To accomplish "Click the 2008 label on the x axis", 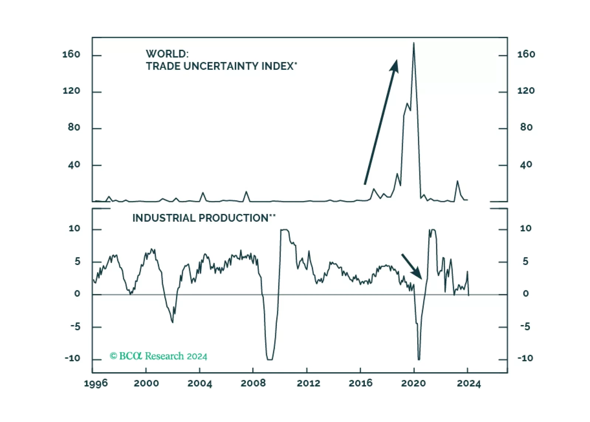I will coord(253,383).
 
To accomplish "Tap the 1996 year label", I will coord(96,383).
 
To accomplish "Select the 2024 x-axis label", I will coord(469,383).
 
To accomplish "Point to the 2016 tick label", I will coord(360,383).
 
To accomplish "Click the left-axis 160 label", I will coord(71,55).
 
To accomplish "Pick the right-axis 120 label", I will coord(526,91).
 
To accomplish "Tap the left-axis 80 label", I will coord(74,128).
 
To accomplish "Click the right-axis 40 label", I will coord(526,165).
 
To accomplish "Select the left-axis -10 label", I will coord(72,359).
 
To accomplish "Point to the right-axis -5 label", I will coord(525,326).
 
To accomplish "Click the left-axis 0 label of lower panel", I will coord(77,294).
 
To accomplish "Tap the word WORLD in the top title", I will coord(167,54).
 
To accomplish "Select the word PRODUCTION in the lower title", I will coord(234,218).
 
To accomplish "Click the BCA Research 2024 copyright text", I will coord(158,356).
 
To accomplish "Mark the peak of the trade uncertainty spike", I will coord(414,43).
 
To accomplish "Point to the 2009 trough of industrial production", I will coord(270,359).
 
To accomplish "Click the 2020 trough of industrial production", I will coord(419,359).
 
